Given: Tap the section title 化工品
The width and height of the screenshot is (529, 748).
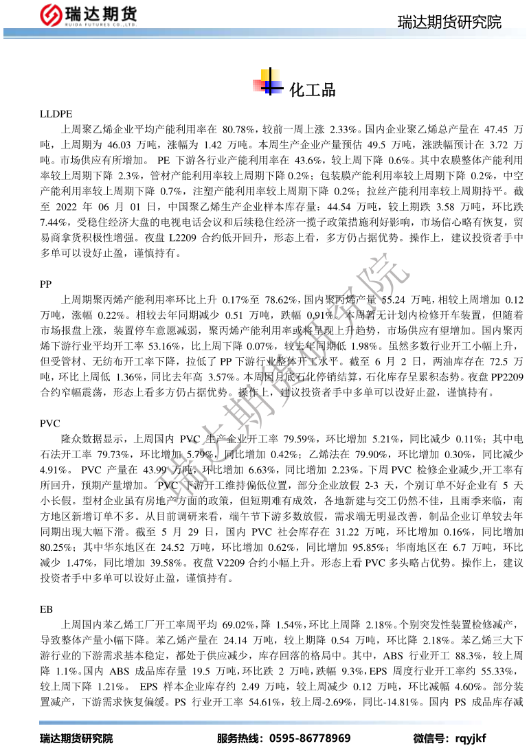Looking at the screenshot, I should [313, 89].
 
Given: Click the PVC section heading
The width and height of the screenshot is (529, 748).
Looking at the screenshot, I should [50, 423].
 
